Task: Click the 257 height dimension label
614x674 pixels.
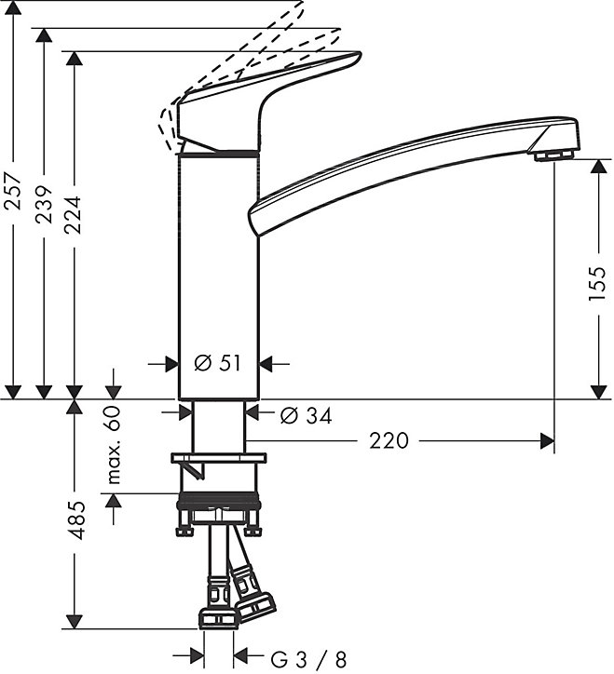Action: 14,191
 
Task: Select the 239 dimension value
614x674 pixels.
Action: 44,205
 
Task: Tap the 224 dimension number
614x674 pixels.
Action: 74,214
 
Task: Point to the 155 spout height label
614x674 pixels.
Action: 598,284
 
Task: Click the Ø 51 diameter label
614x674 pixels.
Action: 218,364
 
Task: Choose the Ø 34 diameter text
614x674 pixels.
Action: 307,415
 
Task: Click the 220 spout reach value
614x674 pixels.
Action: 389,441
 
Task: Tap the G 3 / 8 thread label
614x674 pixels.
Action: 308,658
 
